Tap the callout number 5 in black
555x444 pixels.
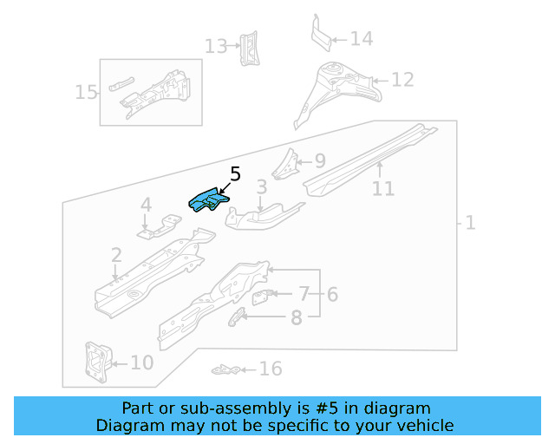(x=235, y=175)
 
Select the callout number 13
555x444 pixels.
(x=215, y=46)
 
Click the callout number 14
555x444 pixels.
(x=361, y=38)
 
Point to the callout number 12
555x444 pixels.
(x=402, y=80)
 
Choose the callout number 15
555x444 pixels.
(x=86, y=92)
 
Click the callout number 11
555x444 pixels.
(x=382, y=188)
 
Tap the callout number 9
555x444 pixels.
(x=319, y=160)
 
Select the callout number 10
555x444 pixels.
(x=141, y=362)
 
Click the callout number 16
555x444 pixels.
(x=271, y=369)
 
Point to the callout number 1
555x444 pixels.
(x=470, y=223)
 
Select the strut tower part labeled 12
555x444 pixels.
(x=338, y=91)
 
